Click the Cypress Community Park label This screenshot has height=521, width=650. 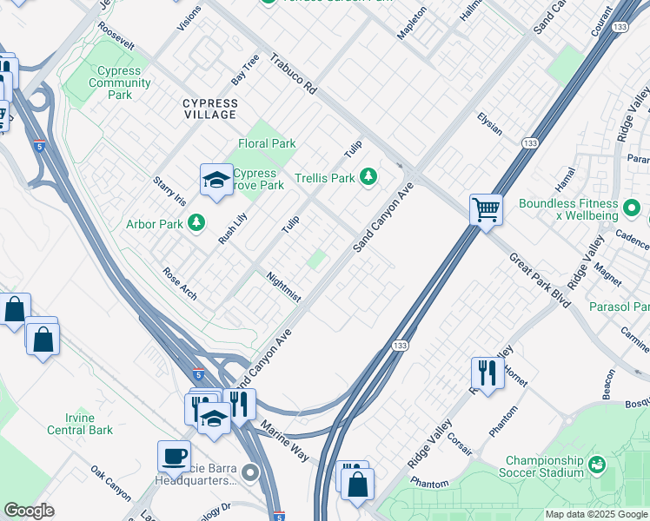(119, 82)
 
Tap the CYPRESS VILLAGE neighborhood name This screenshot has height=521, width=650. (209, 109)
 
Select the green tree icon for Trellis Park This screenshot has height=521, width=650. (369, 177)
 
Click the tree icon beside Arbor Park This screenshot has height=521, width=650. (197, 223)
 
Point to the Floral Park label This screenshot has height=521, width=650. (267, 143)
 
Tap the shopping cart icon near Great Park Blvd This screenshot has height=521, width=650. (486, 208)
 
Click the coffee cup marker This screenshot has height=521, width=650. (174, 455)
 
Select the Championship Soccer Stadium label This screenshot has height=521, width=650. (545, 466)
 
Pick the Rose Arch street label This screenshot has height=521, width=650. (180, 283)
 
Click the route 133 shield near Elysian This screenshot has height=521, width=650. (529, 142)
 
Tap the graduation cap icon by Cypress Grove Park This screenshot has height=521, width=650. (215, 179)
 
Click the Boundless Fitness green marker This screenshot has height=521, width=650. (633, 209)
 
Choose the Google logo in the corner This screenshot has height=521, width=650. (29, 511)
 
